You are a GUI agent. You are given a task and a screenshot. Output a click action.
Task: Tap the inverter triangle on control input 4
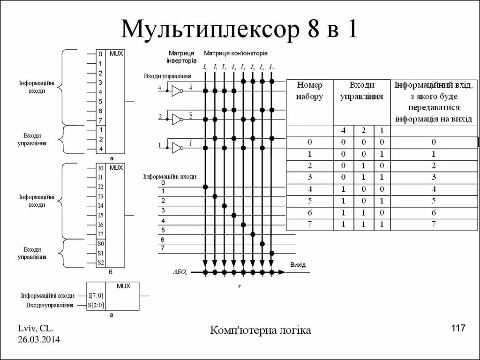(x=176, y=91)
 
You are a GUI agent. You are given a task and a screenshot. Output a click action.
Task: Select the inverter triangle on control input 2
(x=176, y=119)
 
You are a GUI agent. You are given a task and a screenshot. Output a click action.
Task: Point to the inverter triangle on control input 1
(x=176, y=148)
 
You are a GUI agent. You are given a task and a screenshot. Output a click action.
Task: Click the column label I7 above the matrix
(x=271, y=67)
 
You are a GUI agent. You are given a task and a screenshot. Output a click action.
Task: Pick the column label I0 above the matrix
(x=205, y=67)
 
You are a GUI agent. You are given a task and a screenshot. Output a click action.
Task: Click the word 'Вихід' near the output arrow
(x=298, y=265)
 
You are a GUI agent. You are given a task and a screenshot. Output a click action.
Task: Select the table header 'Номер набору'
(x=310, y=91)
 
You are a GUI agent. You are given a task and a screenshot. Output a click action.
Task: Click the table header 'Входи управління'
(x=361, y=91)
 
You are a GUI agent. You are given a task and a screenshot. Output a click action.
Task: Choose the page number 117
(x=458, y=328)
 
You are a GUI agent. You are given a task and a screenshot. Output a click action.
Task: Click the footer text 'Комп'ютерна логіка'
(x=261, y=330)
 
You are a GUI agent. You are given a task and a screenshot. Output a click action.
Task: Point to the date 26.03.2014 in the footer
(x=39, y=339)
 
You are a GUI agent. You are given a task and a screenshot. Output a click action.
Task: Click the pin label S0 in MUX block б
(x=101, y=244)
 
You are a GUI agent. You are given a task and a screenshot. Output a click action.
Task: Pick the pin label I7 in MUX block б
(x=100, y=234)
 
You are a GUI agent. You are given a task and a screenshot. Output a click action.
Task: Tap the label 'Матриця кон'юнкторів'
(x=236, y=53)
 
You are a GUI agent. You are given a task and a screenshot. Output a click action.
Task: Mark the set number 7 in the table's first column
(x=310, y=224)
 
